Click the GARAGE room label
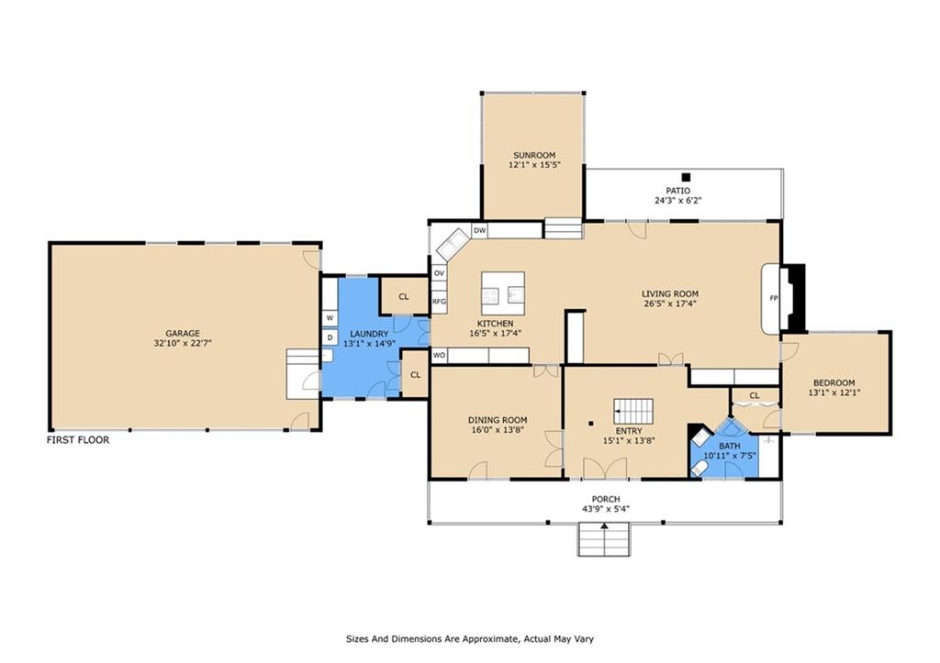point(183,334)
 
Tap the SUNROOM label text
point(534,155)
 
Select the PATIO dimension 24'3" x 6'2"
point(678,201)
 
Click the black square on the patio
point(687,177)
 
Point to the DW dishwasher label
point(479,230)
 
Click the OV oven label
point(440,273)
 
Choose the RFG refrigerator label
point(440,302)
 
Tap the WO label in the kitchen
point(440,356)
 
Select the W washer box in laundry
point(330,318)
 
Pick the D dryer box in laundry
point(330,337)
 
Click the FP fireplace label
point(773,298)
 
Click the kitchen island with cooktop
point(503,293)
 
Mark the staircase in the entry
point(633,412)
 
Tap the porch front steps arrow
point(604,525)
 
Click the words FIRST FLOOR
point(78,440)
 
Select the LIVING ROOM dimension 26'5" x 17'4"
point(670,304)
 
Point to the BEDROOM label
point(834,382)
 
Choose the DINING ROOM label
point(498,420)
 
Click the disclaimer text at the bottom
point(470,639)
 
